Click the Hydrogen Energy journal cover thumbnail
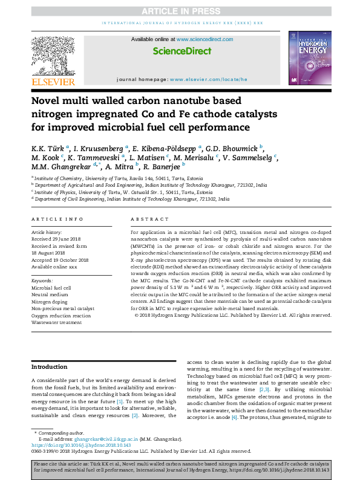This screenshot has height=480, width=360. tap(309, 59)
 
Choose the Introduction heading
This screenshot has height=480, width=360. tap(50, 367)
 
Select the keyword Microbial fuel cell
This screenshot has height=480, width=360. tap(51, 288)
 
